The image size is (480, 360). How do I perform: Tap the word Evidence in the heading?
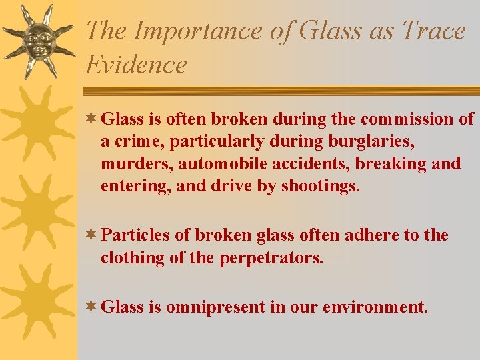tap(136, 65)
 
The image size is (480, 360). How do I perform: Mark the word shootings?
tap(320, 186)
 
